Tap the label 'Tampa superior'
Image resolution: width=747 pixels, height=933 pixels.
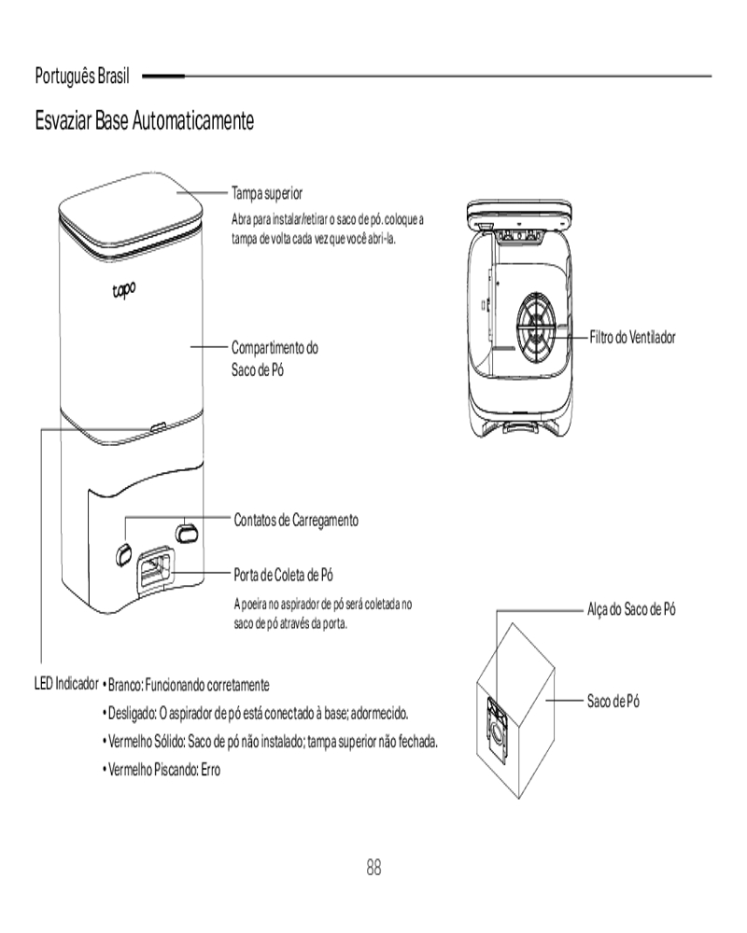click(267, 193)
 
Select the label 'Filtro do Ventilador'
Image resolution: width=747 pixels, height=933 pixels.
click(632, 337)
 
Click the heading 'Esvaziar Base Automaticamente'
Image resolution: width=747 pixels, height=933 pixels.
click(145, 121)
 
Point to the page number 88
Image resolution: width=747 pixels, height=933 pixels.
click(373, 868)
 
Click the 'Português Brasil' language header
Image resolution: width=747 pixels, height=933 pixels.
click(82, 74)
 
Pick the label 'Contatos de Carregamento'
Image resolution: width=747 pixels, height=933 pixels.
click(296, 520)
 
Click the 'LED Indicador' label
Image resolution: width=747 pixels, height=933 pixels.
click(65, 684)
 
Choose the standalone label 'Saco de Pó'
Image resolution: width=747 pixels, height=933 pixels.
click(613, 701)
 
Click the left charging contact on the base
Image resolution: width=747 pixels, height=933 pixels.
click(124, 552)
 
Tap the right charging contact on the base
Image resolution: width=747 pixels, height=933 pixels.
click(187, 531)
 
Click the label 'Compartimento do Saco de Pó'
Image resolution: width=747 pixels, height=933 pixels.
click(275, 358)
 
